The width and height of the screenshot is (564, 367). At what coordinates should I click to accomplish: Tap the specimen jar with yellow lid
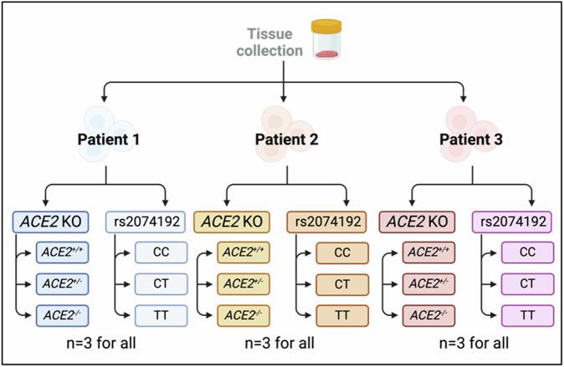pos(326,40)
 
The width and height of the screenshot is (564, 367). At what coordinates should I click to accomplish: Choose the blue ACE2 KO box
pos(52,222)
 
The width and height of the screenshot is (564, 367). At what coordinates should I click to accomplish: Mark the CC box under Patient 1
pos(161,252)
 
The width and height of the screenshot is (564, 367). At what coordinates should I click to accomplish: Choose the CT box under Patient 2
pos(341,283)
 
